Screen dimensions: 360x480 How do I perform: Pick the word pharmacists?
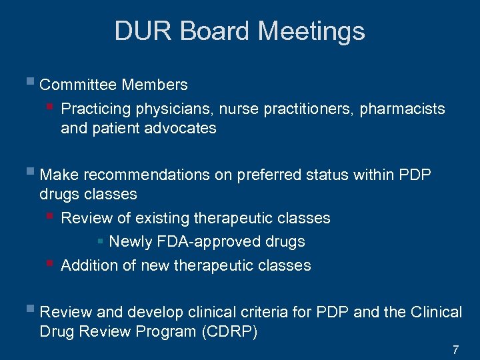(x=402, y=109)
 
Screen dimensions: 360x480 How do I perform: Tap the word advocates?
(x=182, y=128)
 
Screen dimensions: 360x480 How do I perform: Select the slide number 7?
(x=455, y=349)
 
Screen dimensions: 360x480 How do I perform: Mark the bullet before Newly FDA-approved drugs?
(x=101, y=241)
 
